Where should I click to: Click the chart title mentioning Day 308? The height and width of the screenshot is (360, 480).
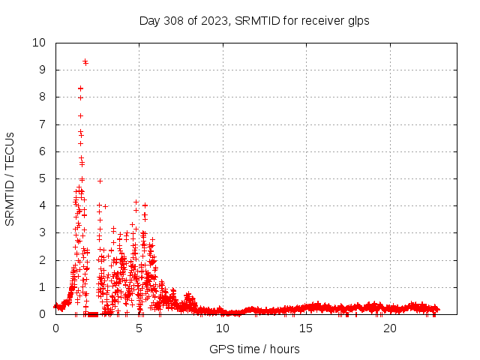click(x=254, y=21)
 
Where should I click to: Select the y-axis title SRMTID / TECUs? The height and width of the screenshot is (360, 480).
click(x=10, y=178)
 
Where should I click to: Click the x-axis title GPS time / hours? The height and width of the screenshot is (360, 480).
click(x=255, y=349)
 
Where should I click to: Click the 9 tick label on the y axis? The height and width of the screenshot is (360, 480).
click(x=43, y=70)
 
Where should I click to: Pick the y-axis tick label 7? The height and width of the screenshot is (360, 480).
click(x=43, y=124)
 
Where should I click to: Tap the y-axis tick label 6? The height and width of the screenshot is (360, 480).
click(x=43, y=151)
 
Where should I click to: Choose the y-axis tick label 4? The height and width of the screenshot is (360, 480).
click(x=43, y=205)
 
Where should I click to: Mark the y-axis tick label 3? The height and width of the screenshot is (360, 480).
click(x=43, y=233)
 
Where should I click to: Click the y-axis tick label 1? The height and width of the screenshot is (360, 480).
click(x=43, y=287)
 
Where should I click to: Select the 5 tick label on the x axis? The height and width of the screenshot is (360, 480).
click(x=139, y=328)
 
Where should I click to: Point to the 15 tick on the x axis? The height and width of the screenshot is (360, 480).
click(x=306, y=328)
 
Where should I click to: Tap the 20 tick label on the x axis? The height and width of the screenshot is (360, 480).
click(x=390, y=328)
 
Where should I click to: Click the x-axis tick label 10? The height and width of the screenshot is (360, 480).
click(x=223, y=328)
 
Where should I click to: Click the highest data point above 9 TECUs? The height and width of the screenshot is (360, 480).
click(x=85, y=61)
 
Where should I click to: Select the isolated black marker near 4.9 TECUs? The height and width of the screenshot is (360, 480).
click(x=100, y=181)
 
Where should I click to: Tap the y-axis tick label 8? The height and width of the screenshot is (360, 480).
click(x=43, y=97)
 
